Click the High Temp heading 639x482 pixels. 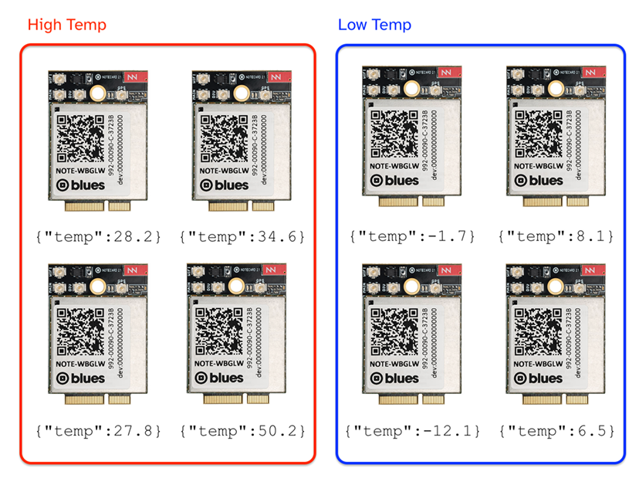coord(66,25)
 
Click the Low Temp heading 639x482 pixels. coord(374,25)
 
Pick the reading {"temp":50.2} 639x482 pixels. coord(242,430)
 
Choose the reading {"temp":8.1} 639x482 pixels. coord(550,235)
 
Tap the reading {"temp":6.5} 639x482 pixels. coord(550,430)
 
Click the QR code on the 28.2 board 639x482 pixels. coord(80,139)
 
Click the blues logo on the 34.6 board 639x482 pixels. coord(225,185)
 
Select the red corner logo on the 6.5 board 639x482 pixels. coord(590,270)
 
